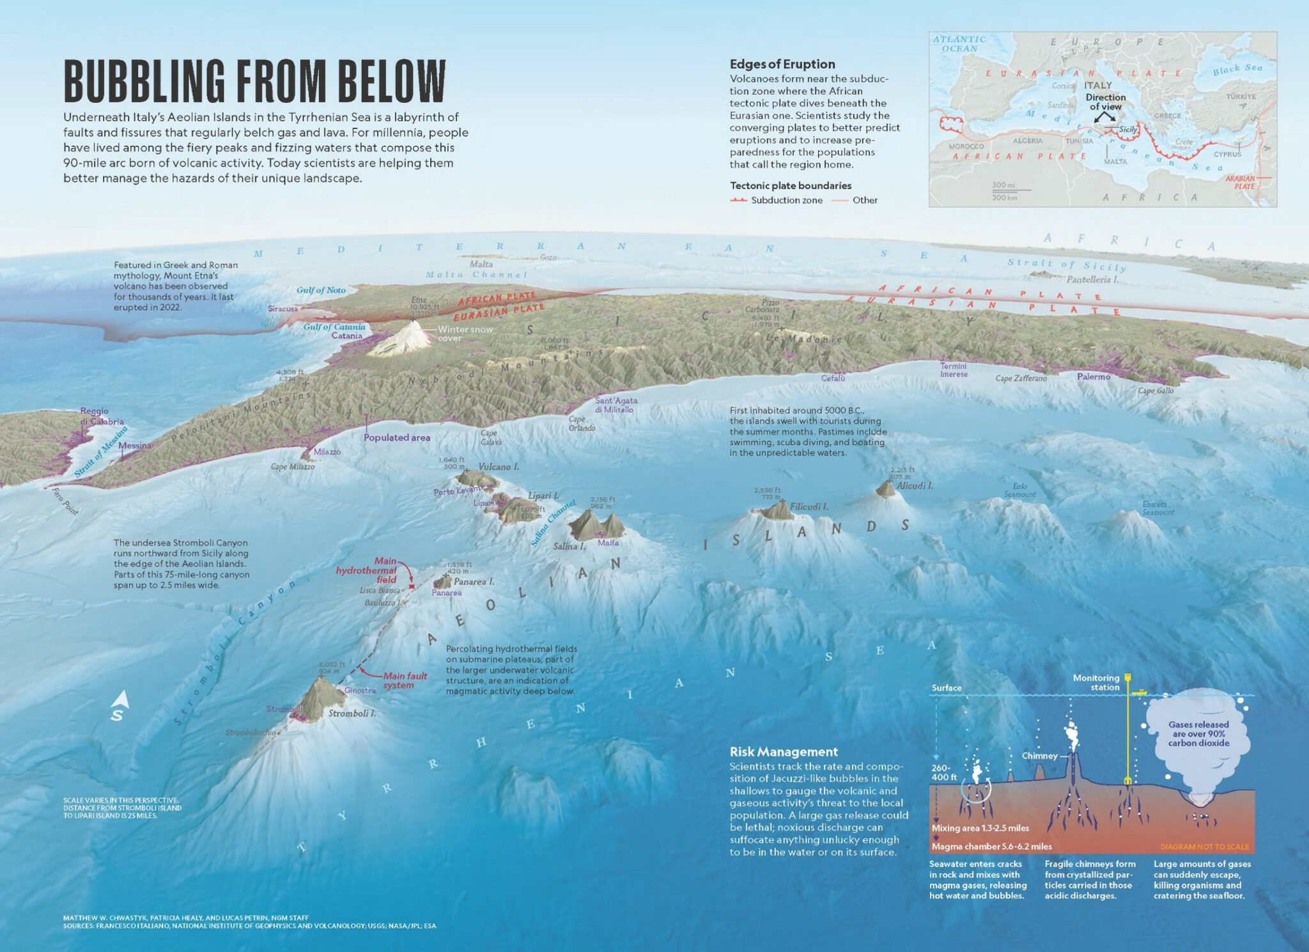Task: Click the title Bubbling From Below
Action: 254,81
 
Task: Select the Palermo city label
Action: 1094,377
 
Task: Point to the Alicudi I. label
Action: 915,486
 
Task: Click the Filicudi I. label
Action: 809,507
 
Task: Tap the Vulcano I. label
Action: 499,467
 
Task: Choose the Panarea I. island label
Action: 474,582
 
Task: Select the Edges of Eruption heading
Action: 782,65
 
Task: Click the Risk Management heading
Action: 784,752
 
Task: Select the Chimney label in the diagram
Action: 1039,756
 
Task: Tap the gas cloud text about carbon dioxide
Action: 1198,734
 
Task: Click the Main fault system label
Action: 405,680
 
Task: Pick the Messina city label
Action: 135,446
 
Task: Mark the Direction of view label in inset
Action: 1105,102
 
